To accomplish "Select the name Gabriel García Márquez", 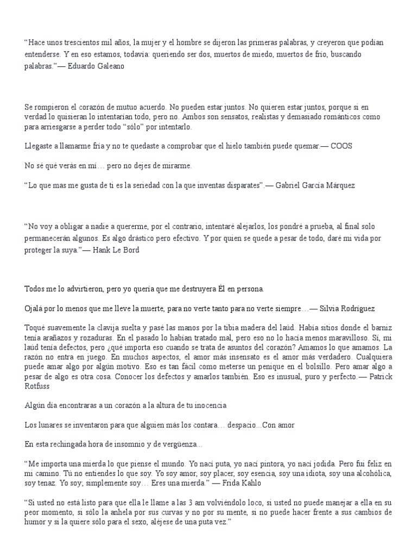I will point(315,185).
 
